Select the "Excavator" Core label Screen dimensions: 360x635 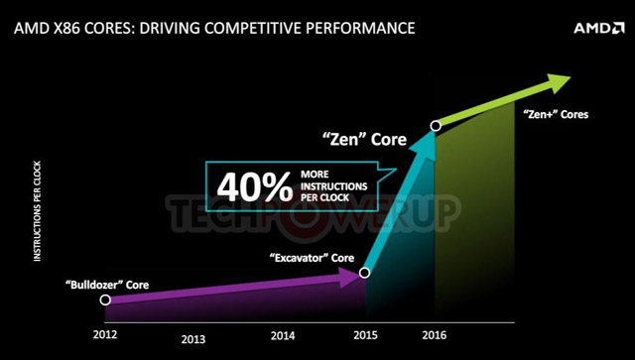[312, 258]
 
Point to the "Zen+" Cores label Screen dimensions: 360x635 [555, 114]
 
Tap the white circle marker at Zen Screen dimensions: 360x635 [435, 126]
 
